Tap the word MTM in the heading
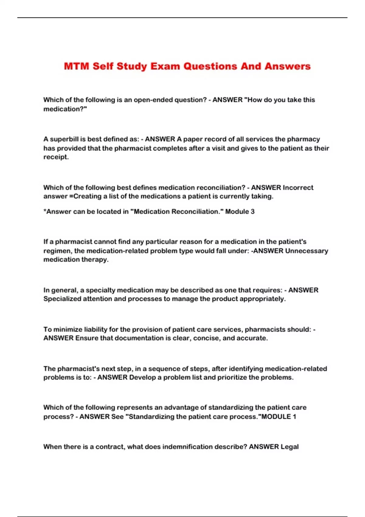point(76,66)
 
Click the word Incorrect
point(298,188)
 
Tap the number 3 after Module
point(252,212)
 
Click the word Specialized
point(62,299)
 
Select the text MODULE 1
point(279,417)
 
